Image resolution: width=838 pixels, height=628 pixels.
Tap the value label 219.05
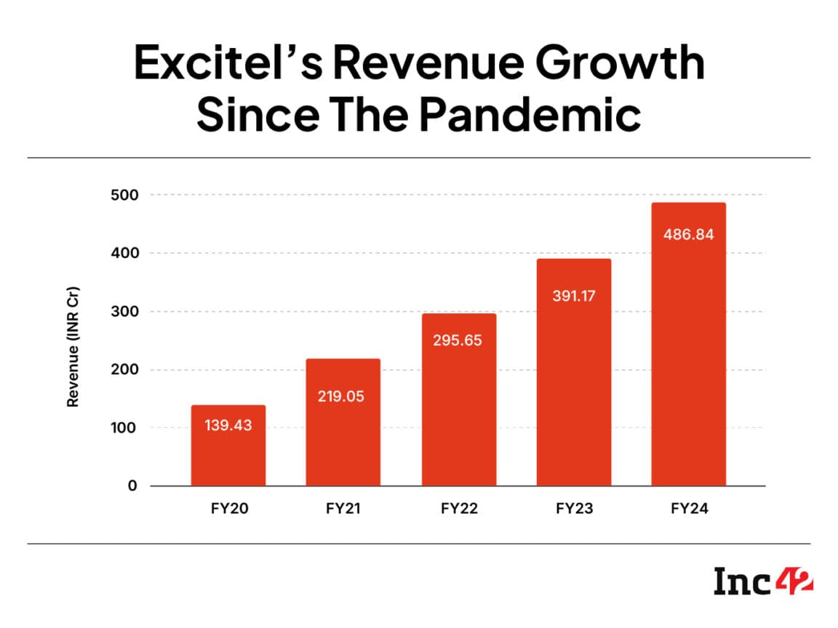[343, 397]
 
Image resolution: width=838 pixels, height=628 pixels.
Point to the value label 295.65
[458, 339]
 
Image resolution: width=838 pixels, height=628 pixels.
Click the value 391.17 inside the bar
[573, 296]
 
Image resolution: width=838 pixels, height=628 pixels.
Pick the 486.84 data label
[688, 235]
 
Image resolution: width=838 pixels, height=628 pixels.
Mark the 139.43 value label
[228, 425]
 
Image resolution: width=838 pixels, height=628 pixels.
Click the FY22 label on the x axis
[459, 509]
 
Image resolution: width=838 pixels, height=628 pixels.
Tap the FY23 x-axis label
[574, 509]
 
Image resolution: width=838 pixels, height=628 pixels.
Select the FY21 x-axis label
[343, 509]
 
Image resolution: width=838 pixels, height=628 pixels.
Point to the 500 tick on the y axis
[123, 195]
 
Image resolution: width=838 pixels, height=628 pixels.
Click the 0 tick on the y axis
[132, 486]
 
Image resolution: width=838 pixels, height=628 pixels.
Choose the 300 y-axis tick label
[123, 312]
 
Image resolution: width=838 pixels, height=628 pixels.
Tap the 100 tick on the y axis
[123, 428]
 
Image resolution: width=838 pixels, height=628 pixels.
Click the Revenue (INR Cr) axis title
[73, 347]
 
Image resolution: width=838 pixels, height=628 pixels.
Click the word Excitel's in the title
[222, 64]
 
